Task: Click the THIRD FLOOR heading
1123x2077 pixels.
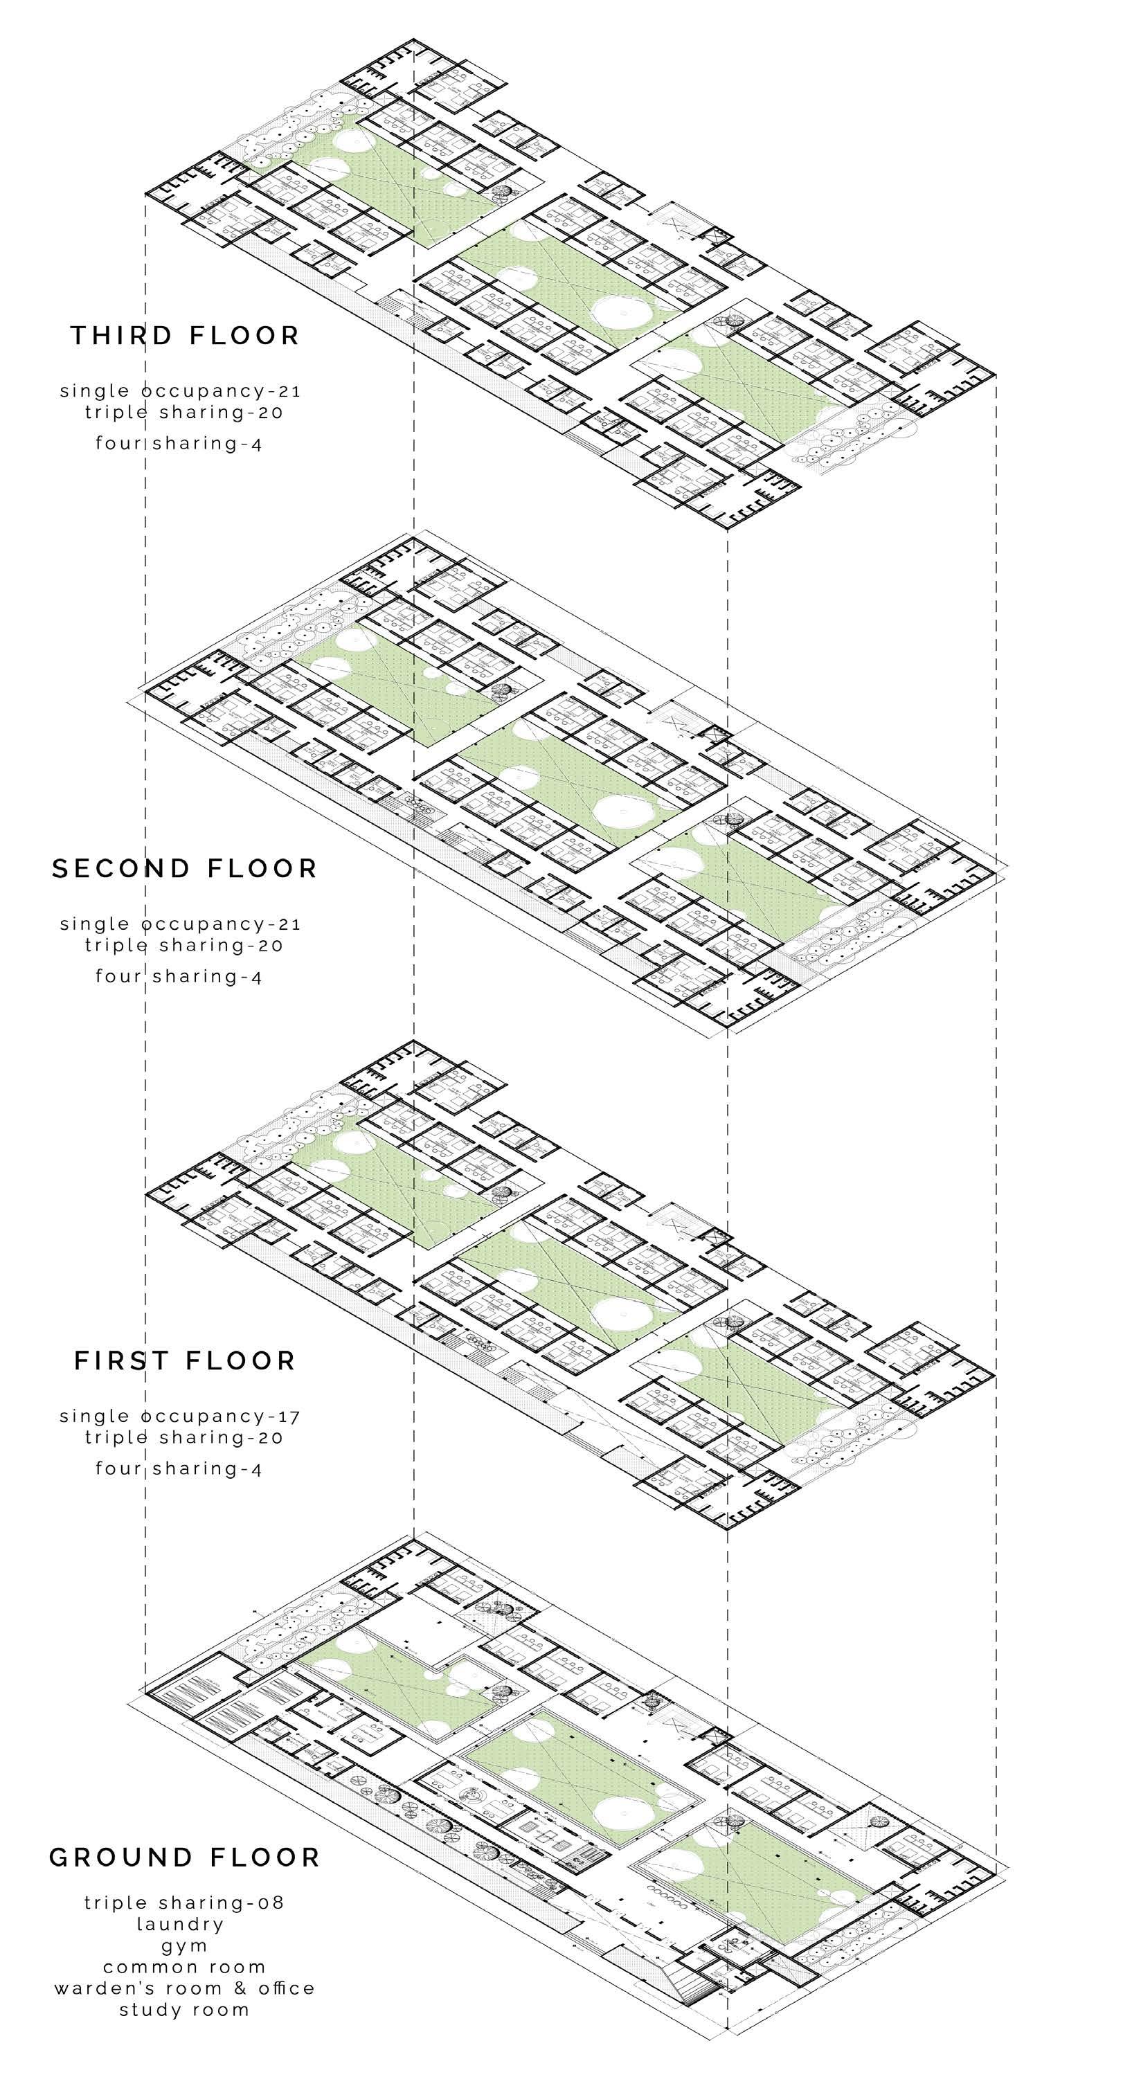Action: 185,335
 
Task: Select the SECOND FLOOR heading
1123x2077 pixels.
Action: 185,868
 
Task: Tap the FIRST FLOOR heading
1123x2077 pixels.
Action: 185,1361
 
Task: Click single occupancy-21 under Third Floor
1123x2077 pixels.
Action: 181,391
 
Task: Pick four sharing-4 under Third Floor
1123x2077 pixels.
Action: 179,442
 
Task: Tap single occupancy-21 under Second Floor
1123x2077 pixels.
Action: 181,924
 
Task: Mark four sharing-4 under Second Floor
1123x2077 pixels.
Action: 179,975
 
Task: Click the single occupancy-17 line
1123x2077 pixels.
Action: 181,1416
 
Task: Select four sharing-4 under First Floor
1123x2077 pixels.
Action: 179,1468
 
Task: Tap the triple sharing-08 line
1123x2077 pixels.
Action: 185,1903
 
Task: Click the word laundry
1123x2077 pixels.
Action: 181,1925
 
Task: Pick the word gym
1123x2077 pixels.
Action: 185,1946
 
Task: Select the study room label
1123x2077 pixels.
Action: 185,2009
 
